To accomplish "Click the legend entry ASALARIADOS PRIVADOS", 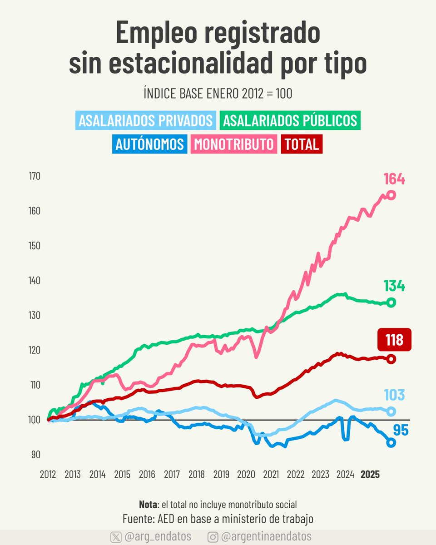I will [x=145, y=121].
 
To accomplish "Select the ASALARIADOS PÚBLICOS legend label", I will [x=290, y=121].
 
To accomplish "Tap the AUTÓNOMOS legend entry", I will [x=149, y=144].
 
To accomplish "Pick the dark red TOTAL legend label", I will [x=302, y=144].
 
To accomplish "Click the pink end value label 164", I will [x=394, y=179].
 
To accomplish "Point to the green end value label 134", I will [x=394, y=286].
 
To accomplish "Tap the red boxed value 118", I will [x=394, y=340].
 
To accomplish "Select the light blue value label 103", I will [x=394, y=395].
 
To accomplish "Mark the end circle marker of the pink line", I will [x=391, y=195].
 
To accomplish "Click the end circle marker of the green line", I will [x=391, y=303].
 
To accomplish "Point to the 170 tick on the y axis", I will [x=35, y=176].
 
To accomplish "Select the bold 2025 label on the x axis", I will [x=370, y=475].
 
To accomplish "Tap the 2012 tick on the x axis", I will [x=48, y=475].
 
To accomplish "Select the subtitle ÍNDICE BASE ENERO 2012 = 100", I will [x=218, y=94].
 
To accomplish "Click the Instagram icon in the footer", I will [x=213, y=537].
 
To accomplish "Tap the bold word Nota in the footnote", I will [x=149, y=505].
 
